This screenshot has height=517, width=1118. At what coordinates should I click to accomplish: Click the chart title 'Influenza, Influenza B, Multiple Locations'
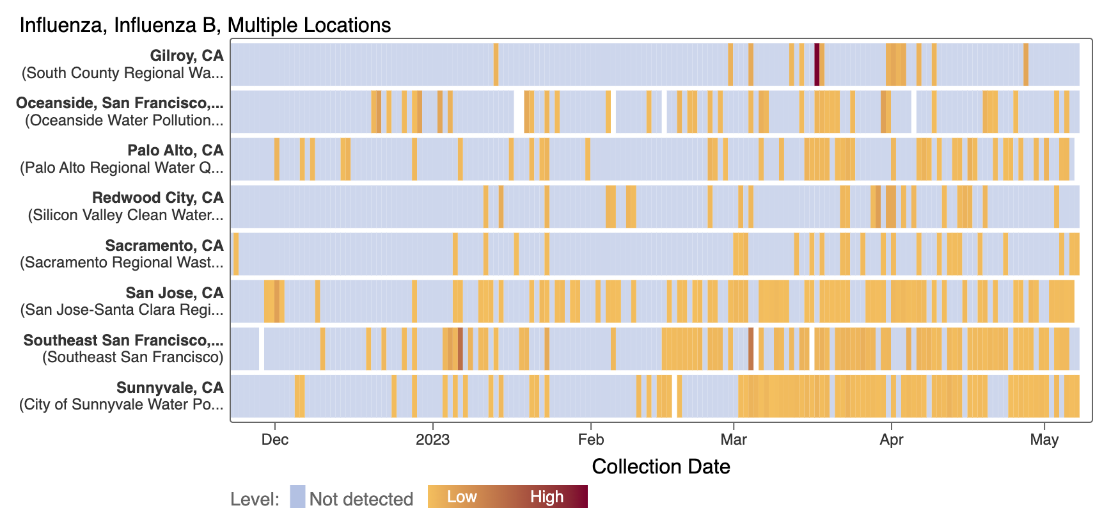[205, 25]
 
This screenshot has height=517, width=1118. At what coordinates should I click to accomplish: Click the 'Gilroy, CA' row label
[187, 56]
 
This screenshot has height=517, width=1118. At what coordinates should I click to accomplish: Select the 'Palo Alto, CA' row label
[175, 150]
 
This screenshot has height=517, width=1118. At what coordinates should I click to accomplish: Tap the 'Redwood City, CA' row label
[158, 198]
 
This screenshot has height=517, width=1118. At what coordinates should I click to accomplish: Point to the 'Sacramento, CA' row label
[164, 246]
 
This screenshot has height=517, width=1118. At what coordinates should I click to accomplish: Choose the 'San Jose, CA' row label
[175, 293]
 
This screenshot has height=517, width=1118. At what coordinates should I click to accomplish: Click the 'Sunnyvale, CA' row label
[170, 388]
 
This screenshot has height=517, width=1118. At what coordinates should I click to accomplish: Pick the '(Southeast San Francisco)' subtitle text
[133, 357]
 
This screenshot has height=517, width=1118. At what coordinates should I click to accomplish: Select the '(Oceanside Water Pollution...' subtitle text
[124, 120]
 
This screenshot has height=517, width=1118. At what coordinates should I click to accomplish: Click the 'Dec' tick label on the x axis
[275, 440]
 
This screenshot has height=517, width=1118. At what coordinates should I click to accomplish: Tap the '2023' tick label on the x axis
[433, 440]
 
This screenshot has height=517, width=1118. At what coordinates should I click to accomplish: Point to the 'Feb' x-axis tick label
[591, 440]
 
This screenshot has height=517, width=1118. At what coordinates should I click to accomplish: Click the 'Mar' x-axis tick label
[734, 440]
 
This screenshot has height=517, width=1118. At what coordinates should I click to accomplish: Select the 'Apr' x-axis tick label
[892, 440]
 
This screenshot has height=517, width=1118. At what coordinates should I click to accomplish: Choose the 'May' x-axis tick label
[1044, 440]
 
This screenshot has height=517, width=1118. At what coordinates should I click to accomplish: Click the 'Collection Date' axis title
[661, 466]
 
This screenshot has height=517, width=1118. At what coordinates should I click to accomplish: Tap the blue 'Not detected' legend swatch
[297, 497]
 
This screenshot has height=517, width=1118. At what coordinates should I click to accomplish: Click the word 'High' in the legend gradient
[547, 497]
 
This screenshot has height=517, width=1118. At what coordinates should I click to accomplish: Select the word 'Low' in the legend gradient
[462, 497]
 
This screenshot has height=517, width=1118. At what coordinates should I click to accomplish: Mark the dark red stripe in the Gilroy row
[817, 64]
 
